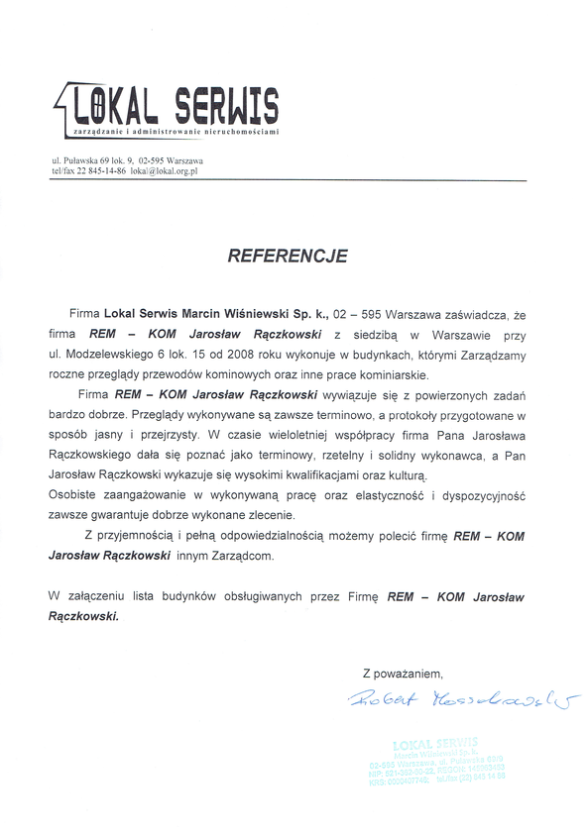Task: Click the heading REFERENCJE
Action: pos(288,256)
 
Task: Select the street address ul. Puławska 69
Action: pos(83,159)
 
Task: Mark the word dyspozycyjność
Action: pos(480,495)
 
